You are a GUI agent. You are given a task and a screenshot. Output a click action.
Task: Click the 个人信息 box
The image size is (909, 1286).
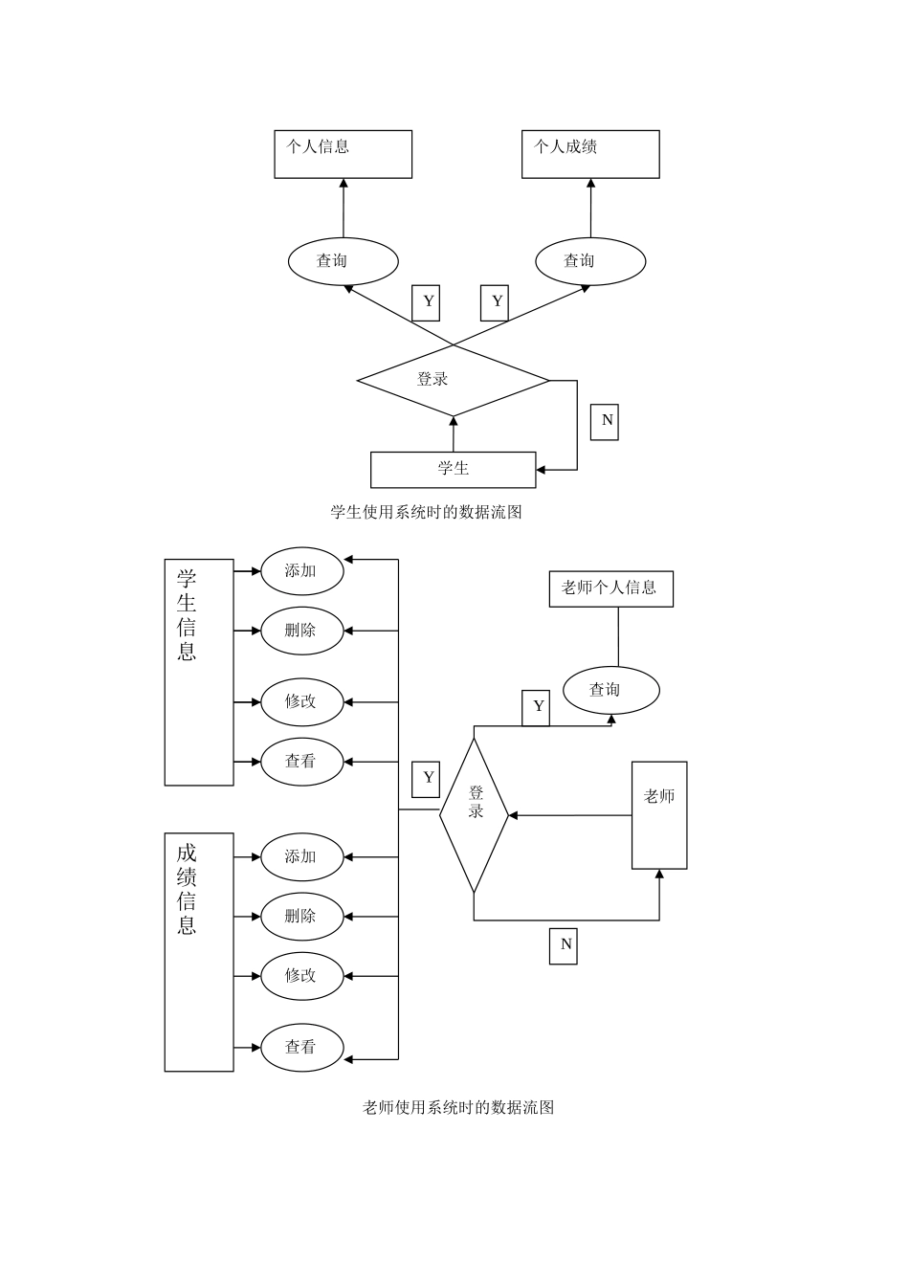click(x=343, y=154)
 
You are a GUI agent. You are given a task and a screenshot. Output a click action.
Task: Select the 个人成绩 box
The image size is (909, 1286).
click(x=590, y=154)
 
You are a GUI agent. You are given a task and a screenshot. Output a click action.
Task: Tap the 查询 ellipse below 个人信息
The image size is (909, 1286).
click(x=343, y=260)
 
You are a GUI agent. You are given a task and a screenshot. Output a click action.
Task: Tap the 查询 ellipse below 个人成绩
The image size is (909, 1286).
click(x=590, y=260)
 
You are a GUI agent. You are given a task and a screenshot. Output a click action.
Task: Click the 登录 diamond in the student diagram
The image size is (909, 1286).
click(x=453, y=380)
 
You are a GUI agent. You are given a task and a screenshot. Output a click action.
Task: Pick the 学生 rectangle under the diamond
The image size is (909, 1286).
click(x=453, y=469)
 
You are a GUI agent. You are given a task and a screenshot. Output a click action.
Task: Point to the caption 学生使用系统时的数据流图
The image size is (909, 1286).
click(x=426, y=512)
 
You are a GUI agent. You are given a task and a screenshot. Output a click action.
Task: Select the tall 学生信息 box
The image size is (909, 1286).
click(x=199, y=672)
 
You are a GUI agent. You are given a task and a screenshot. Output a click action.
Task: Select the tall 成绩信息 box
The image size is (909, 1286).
click(x=199, y=951)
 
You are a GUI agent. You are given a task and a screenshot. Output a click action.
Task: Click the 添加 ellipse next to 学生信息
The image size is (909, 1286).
click(x=302, y=570)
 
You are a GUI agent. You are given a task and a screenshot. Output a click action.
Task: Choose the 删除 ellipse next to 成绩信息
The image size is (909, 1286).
click(x=302, y=917)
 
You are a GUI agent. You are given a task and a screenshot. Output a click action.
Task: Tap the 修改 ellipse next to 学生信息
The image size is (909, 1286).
click(x=302, y=701)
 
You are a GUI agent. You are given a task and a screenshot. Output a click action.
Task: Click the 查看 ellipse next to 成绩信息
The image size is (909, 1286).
click(x=302, y=1047)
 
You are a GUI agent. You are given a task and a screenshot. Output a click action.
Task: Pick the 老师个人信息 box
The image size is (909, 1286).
click(x=610, y=588)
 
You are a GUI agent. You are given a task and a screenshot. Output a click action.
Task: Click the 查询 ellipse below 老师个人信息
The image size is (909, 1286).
click(x=610, y=690)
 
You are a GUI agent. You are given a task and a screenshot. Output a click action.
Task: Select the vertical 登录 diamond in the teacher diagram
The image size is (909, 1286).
click(x=474, y=814)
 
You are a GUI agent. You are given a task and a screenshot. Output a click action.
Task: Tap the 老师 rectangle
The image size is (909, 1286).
click(x=659, y=815)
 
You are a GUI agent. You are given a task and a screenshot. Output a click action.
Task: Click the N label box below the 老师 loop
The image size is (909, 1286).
click(x=564, y=944)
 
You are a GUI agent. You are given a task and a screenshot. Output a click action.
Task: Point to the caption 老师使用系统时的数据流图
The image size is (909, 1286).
click(x=458, y=1108)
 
